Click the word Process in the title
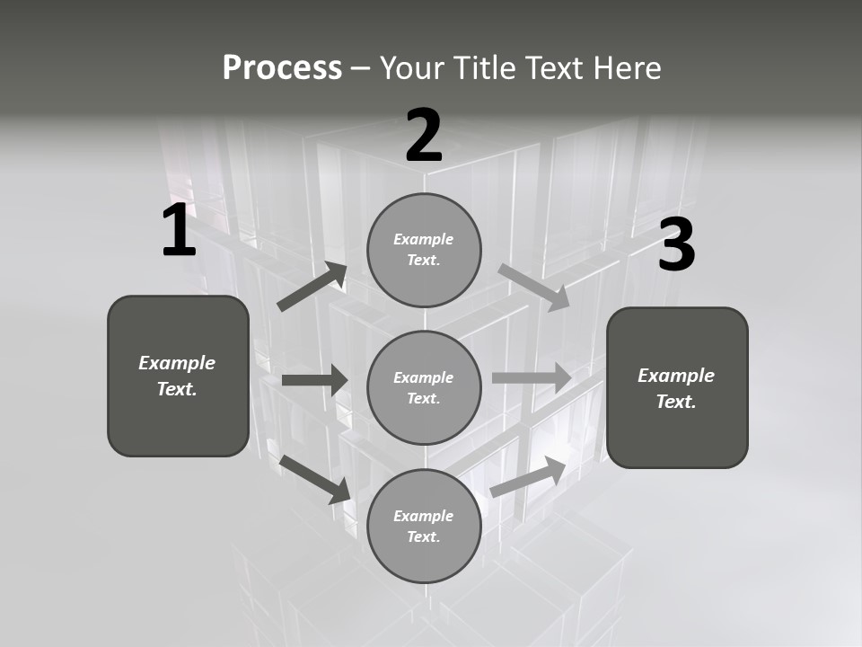pyautogui.click(x=282, y=68)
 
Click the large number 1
pyautogui.click(x=179, y=231)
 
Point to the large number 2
pyautogui.click(x=424, y=136)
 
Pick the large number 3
pyautogui.click(x=676, y=245)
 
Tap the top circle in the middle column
pyautogui.click(x=424, y=250)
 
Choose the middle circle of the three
pyautogui.click(x=424, y=387)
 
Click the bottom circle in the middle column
pyautogui.click(x=424, y=526)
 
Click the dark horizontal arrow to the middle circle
pyautogui.click(x=314, y=380)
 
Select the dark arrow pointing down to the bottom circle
pyautogui.click(x=315, y=478)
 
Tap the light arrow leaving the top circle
pyautogui.click(x=533, y=287)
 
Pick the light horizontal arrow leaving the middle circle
pyautogui.click(x=532, y=377)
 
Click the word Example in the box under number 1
pyautogui.click(x=177, y=363)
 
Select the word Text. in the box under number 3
pyautogui.click(x=676, y=402)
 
